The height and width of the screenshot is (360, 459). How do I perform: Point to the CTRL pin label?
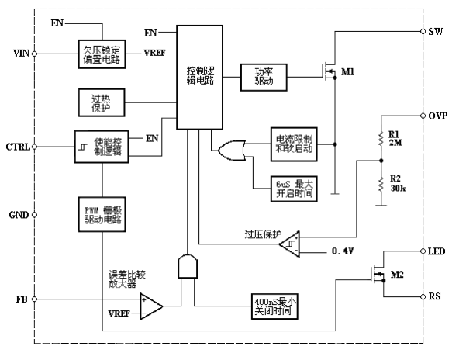click(19, 147)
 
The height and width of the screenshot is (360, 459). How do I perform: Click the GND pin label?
click(19, 214)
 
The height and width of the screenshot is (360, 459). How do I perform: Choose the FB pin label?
click(22, 299)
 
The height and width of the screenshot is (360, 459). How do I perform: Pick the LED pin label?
click(438, 251)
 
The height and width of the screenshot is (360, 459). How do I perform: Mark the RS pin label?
click(436, 296)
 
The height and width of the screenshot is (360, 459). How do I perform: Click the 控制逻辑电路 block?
click(198, 75)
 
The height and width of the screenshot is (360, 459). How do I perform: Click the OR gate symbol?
click(232, 150)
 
